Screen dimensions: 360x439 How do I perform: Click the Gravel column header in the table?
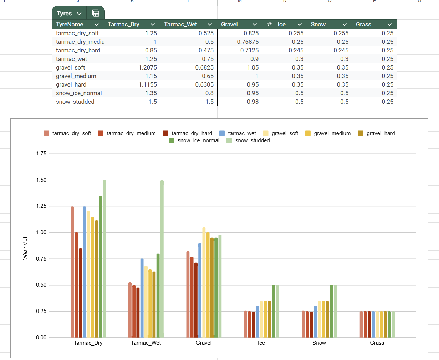pyautogui.click(x=229, y=24)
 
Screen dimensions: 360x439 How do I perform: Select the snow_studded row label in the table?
pyautogui.click(x=75, y=102)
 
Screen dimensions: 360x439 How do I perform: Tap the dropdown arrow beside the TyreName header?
pyautogui.click(x=96, y=24)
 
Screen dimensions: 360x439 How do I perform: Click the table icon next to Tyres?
pyautogui.click(x=96, y=13)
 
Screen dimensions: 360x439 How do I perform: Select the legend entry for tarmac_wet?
pyautogui.click(x=242, y=133)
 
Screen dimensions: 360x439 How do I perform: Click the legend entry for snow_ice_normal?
pyautogui.click(x=198, y=140)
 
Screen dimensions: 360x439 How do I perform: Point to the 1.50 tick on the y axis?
pyautogui.click(x=41, y=180)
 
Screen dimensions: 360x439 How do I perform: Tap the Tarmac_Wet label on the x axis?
pyautogui.click(x=146, y=343)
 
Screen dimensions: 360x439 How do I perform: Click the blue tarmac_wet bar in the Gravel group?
pyautogui.click(x=200, y=290)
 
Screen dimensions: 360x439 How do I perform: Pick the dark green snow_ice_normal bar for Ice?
pyautogui.click(x=274, y=311)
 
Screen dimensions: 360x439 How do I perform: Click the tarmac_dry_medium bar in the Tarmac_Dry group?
pyautogui.click(x=76, y=285)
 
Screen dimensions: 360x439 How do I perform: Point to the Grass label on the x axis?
pyautogui.click(x=377, y=343)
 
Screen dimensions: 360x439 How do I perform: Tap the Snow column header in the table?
pyautogui.click(x=318, y=24)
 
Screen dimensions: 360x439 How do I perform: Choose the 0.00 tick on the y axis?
pyautogui.click(x=41, y=338)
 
